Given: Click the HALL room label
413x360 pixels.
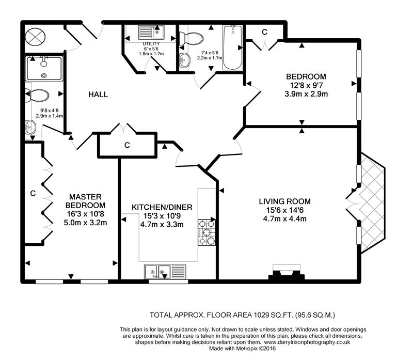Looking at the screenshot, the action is [98, 95].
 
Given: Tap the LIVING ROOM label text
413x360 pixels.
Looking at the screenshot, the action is [285, 201].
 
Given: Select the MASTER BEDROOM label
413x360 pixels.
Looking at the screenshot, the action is [85, 201].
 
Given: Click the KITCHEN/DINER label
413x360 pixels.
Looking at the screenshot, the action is [162, 207].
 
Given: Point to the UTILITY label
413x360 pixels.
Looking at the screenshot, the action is [151, 44].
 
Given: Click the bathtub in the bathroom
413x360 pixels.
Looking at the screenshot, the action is [233, 48].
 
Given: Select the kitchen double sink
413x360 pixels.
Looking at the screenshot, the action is [165, 272].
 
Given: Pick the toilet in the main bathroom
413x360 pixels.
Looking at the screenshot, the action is [191, 38].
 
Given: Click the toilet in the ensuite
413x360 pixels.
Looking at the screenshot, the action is [37, 96].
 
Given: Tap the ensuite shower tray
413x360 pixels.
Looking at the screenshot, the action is [44, 68].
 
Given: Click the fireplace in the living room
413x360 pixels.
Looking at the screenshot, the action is [287, 272].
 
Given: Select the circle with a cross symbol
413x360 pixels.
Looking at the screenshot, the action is [35, 36].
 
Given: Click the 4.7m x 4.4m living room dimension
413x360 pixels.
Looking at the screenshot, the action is [285, 219].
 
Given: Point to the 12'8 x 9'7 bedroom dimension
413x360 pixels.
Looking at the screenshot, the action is [306, 85].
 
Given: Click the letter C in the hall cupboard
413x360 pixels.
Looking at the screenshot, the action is [127, 145].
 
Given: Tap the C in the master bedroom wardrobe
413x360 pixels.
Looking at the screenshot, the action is [33, 194].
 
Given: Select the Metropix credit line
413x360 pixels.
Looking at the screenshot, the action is [243, 349].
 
